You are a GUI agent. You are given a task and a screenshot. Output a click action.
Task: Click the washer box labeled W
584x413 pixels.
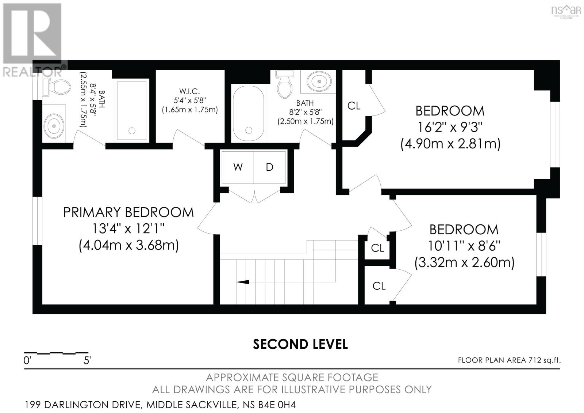[238, 167]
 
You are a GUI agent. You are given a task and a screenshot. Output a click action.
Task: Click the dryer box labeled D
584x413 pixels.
[270, 167]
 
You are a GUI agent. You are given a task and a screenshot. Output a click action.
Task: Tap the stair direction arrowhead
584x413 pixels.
[243, 282]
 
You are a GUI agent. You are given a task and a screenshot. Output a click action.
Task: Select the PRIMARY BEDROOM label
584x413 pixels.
[128, 212]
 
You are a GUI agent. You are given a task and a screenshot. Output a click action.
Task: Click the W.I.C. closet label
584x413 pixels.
[189, 91]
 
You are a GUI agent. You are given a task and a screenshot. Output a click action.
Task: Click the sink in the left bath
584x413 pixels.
[54, 126]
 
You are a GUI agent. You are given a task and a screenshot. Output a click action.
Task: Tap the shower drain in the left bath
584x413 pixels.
[132, 131]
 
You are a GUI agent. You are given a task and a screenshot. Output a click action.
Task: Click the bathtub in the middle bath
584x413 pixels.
[249, 114]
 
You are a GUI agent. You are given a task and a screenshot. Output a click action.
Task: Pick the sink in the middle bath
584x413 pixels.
[319, 81]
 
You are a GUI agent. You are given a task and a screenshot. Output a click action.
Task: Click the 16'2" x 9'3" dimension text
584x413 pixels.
[450, 128]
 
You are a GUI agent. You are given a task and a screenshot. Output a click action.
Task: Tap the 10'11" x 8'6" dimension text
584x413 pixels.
[464, 246]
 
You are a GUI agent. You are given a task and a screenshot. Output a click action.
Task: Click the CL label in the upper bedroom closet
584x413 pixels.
[354, 106]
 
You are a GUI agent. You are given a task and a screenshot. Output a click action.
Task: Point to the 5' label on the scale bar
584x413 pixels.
[87, 360]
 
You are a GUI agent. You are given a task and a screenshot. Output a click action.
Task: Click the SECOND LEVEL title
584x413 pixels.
[300, 344]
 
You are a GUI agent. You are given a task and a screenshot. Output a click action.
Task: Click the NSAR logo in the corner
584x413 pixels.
[565, 11]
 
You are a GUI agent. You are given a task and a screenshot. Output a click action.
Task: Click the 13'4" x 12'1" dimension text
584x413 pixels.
[128, 229]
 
